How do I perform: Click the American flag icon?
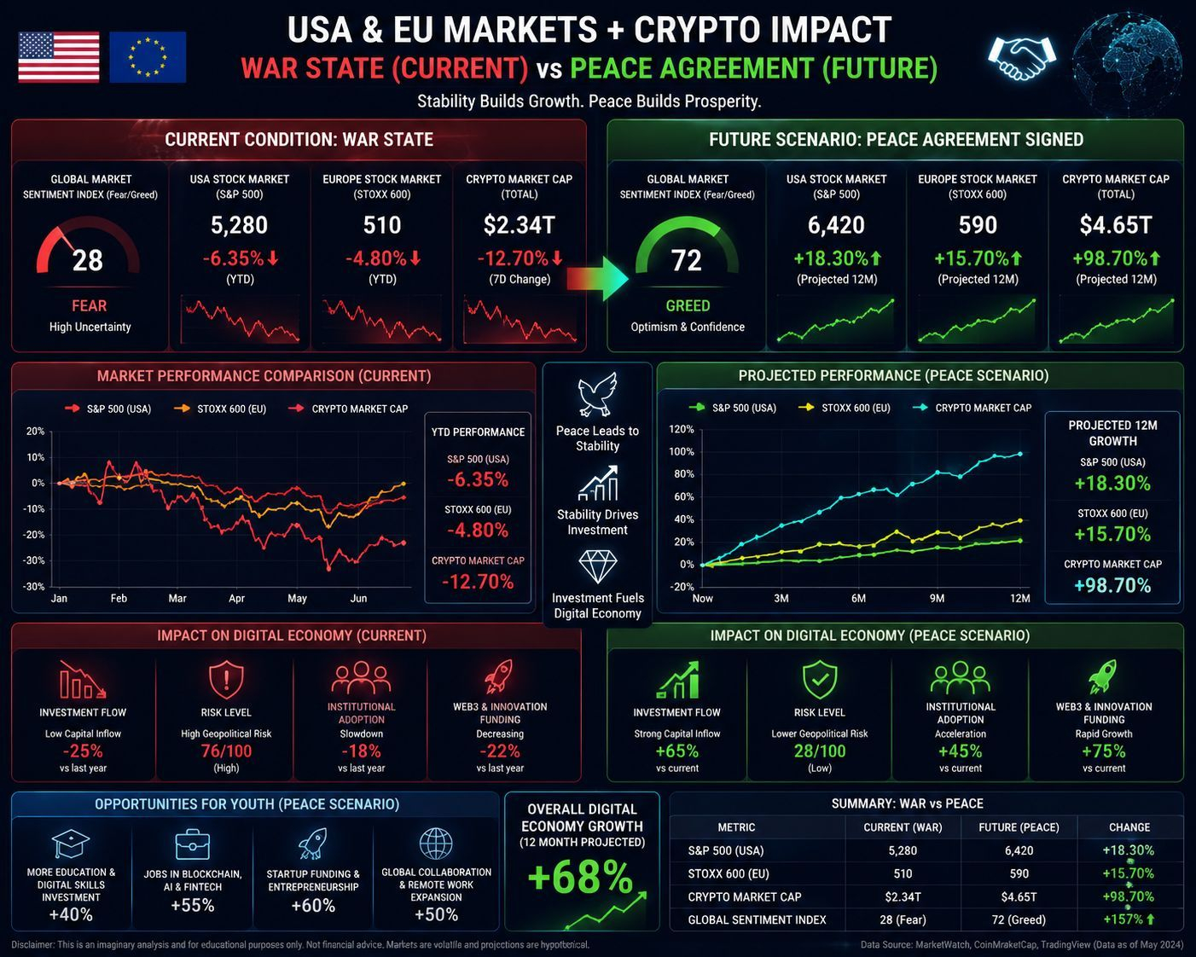tap(59, 57)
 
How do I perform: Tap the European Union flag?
tap(148, 56)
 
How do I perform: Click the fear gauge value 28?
tap(88, 260)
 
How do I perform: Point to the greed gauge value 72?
tap(687, 260)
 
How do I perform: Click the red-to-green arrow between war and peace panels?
tap(597, 278)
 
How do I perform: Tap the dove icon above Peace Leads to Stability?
tap(597, 394)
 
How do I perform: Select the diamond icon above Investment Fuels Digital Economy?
tap(597, 567)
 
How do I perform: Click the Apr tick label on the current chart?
tap(237, 599)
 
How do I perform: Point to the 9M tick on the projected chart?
tap(937, 599)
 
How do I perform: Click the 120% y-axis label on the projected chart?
tap(682, 429)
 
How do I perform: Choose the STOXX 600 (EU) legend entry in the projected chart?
tap(845, 408)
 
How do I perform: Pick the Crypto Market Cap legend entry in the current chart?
tap(348, 409)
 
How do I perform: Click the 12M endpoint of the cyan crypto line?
tap(1020, 454)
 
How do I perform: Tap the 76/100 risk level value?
tap(226, 751)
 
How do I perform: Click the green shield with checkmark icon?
tap(820, 679)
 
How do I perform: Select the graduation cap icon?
tap(71, 844)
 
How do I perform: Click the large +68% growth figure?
tap(580, 877)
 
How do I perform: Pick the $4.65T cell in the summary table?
tap(1019, 897)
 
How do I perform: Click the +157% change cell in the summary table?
tap(1129, 919)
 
